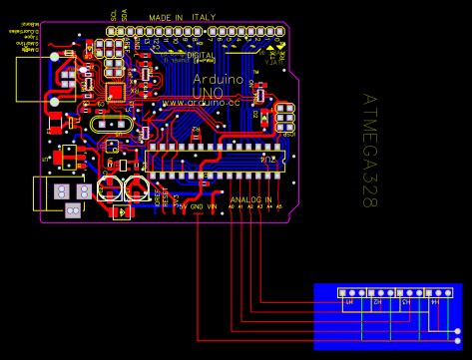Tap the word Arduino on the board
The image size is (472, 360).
[218, 77]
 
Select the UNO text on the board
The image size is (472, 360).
[208, 91]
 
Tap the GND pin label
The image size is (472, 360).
[197, 206]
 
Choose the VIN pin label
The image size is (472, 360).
[212, 206]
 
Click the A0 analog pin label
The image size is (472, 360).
[232, 206]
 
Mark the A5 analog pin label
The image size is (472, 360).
[278, 206]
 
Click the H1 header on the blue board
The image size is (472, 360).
[349, 300]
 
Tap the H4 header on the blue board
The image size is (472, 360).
[434, 300]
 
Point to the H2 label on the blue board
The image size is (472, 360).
[377, 300]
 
